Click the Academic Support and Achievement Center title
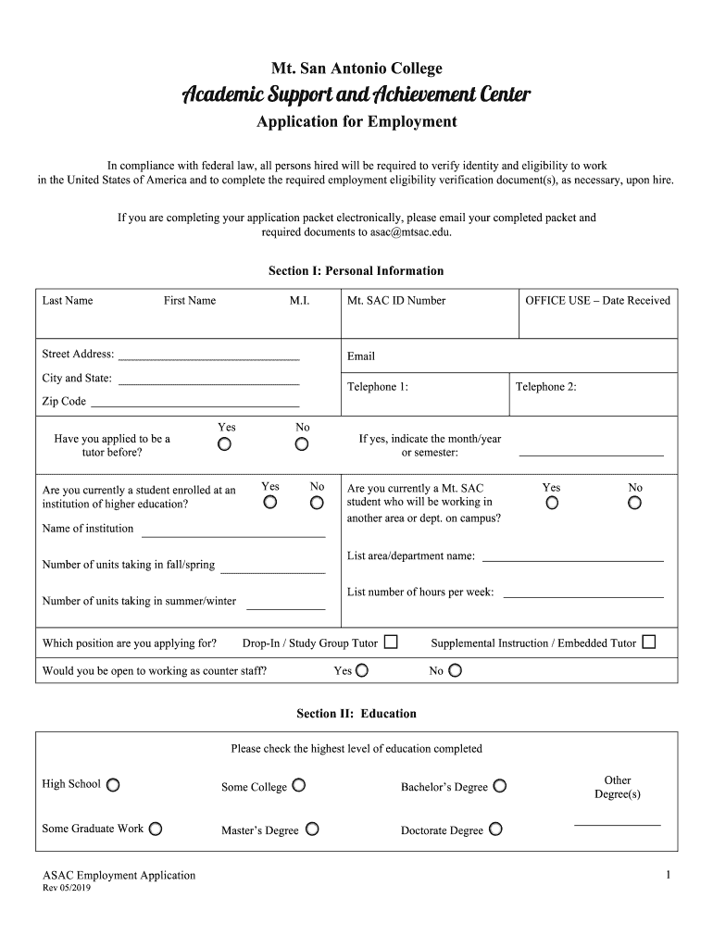tap(356, 95)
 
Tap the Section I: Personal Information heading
tap(356, 271)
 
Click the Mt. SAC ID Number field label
tap(396, 301)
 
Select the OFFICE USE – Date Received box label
tap(597, 301)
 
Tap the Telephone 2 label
tap(546, 387)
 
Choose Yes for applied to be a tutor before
tap(225, 444)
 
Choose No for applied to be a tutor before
tap(302, 444)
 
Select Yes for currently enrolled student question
tap(269, 503)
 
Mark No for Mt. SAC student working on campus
tap(634, 504)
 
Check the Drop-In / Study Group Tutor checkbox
tap(391, 642)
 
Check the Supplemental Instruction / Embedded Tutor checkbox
tap(648, 642)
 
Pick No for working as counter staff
tap(455, 671)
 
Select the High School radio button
tap(112, 785)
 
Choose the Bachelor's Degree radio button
tap(500, 786)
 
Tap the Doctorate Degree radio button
tap(495, 829)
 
